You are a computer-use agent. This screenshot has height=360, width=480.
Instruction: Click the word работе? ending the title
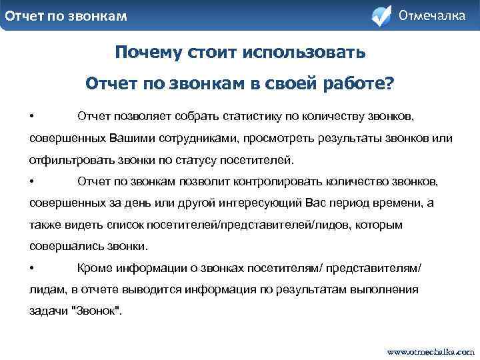click(x=365, y=83)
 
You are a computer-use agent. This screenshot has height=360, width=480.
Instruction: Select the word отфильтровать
click(x=65, y=161)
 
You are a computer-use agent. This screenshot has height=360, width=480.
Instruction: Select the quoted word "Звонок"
click(x=96, y=311)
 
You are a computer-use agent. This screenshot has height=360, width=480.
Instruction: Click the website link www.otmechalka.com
click(x=431, y=350)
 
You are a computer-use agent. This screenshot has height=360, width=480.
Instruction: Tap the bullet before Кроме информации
click(x=32, y=268)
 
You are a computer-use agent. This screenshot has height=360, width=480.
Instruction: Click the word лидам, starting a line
click(x=47, y=289)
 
